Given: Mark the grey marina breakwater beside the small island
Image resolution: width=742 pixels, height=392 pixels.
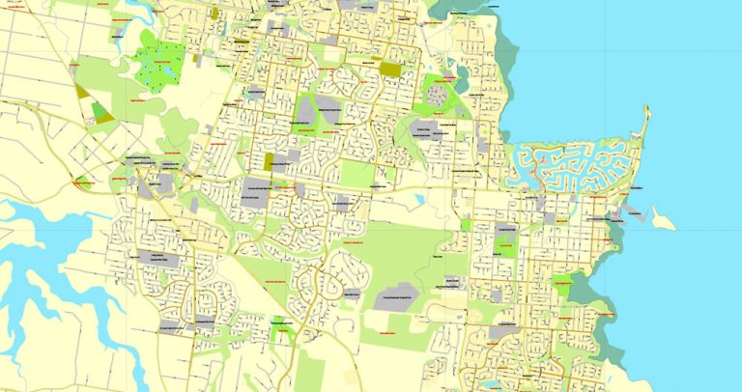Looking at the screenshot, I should click(633, 208).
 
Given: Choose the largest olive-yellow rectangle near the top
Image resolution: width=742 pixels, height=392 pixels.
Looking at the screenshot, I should click(390, 70).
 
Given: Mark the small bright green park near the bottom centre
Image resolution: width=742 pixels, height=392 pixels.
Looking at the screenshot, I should click(281, 333).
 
